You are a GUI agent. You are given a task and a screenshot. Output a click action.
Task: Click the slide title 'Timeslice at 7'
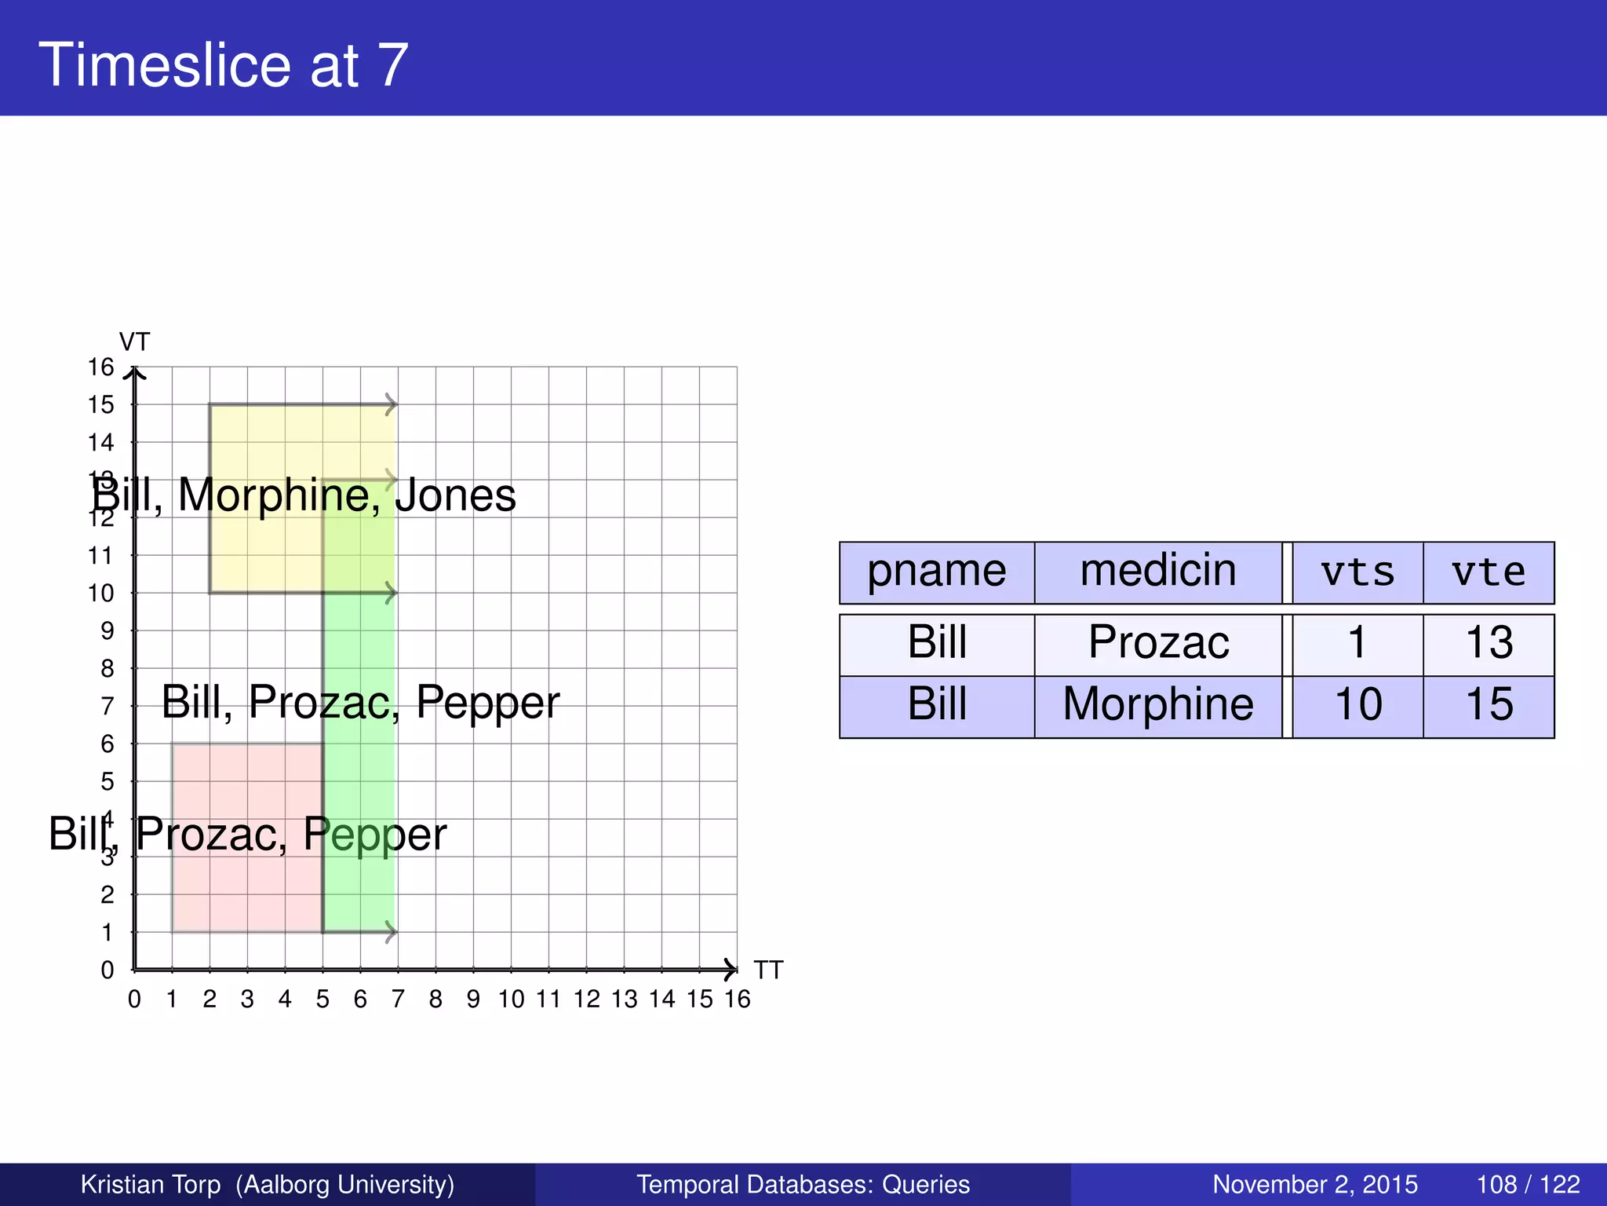point(224,64)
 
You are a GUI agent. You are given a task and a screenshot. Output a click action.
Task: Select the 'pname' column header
point(936,572)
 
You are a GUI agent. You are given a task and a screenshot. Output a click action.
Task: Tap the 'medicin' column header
point(1157,572)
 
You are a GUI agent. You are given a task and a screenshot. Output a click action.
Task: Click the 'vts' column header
point(1357,572)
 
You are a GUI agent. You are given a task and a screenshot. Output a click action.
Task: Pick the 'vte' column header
point(1489,572)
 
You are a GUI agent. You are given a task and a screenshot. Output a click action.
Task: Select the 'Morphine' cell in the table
point(1158,705)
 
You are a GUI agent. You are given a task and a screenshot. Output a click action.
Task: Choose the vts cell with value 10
point(1357,705)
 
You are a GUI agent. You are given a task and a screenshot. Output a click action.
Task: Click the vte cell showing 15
point(1489,705)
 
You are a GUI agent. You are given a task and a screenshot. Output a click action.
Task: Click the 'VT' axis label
point(134,342)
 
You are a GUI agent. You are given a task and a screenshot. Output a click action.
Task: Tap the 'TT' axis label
point(768,970)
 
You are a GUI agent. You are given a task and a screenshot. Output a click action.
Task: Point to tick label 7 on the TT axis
point(398,1000)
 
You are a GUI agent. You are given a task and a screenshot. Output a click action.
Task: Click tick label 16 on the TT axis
point(738,1000)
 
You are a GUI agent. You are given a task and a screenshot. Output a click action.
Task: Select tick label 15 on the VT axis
point(101,405)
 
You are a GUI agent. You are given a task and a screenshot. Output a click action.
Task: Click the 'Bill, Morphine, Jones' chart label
point(304,496)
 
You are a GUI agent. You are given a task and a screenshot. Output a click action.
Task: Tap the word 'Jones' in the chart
point(455,496)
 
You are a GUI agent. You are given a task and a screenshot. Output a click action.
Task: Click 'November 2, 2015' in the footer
point(1315,1184)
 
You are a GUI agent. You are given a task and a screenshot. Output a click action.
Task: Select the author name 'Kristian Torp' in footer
point(151,1184)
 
